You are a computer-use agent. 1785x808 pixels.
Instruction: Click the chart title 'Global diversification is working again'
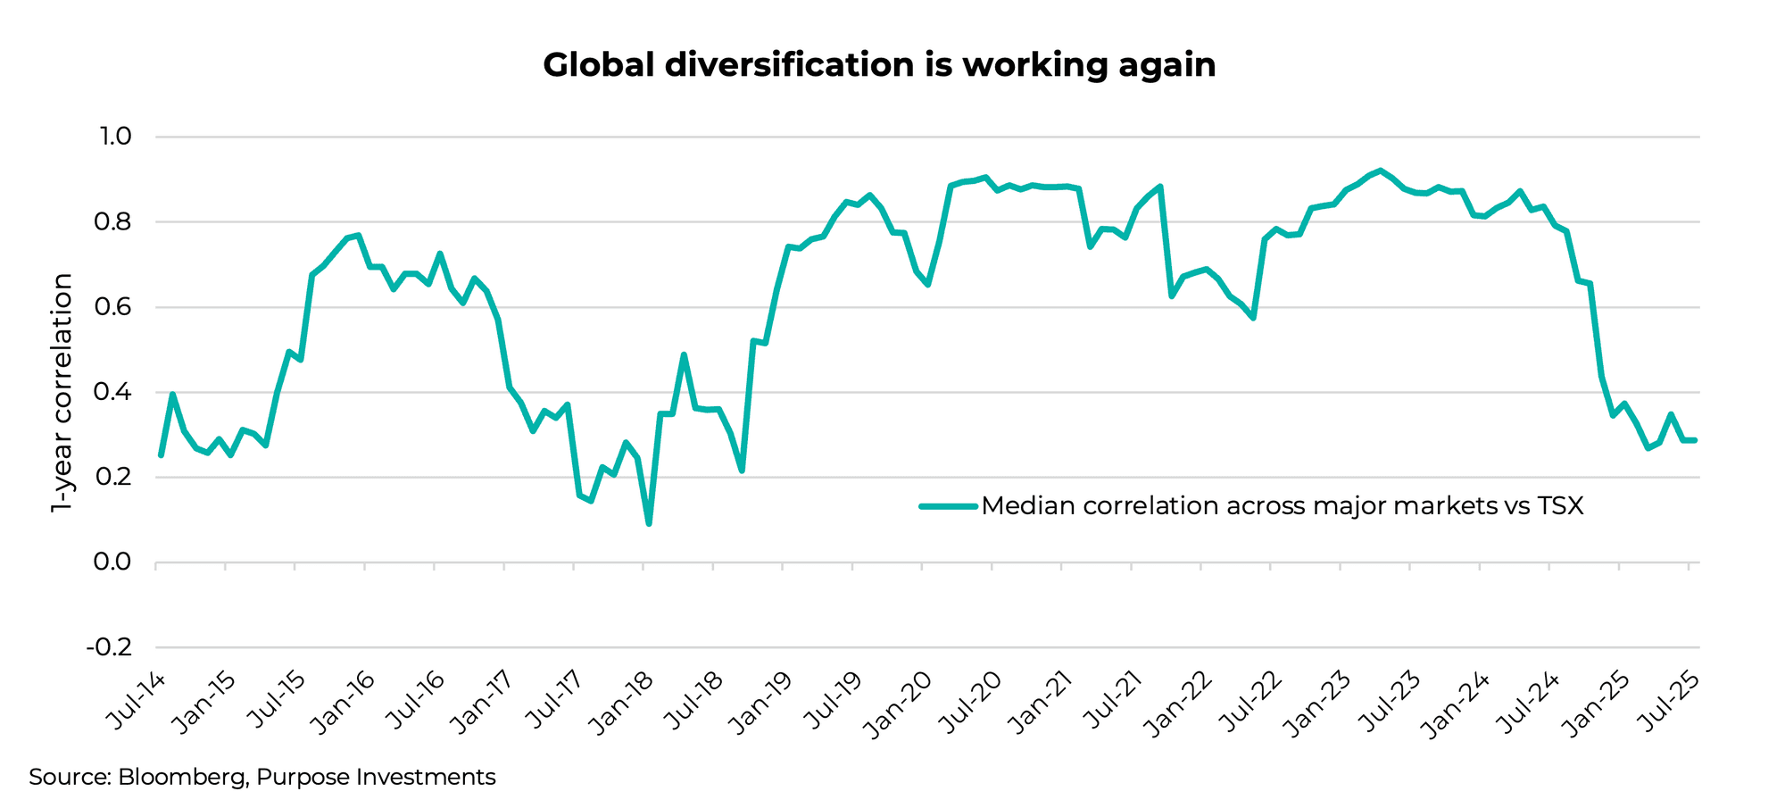click(879, 65)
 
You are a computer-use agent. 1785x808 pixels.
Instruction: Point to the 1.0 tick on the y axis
click(115, 137)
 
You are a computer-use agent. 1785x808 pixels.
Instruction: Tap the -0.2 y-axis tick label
click(110, 646)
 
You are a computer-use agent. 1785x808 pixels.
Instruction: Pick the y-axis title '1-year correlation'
click(62, 393)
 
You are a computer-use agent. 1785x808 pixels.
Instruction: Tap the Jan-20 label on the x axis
click(901, 704)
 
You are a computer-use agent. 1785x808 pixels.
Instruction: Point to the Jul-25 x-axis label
click(1668, 704)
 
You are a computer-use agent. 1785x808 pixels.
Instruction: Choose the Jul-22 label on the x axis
click(1250, 704)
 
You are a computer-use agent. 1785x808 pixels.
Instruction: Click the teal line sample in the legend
click(948, 506)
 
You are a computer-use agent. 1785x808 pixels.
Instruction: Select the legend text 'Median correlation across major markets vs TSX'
click(1283, 506)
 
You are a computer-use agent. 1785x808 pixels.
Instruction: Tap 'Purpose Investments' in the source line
click(376, 778)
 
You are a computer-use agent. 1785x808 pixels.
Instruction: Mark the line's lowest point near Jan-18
click(649, 523)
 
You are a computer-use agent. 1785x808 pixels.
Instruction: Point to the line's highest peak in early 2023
click(1380, 171)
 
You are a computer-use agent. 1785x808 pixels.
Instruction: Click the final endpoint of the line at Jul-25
click(1694, 440)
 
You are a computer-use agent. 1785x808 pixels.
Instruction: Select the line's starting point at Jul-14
click(161, 455)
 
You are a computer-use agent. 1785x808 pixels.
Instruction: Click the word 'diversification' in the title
click(790, 65)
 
